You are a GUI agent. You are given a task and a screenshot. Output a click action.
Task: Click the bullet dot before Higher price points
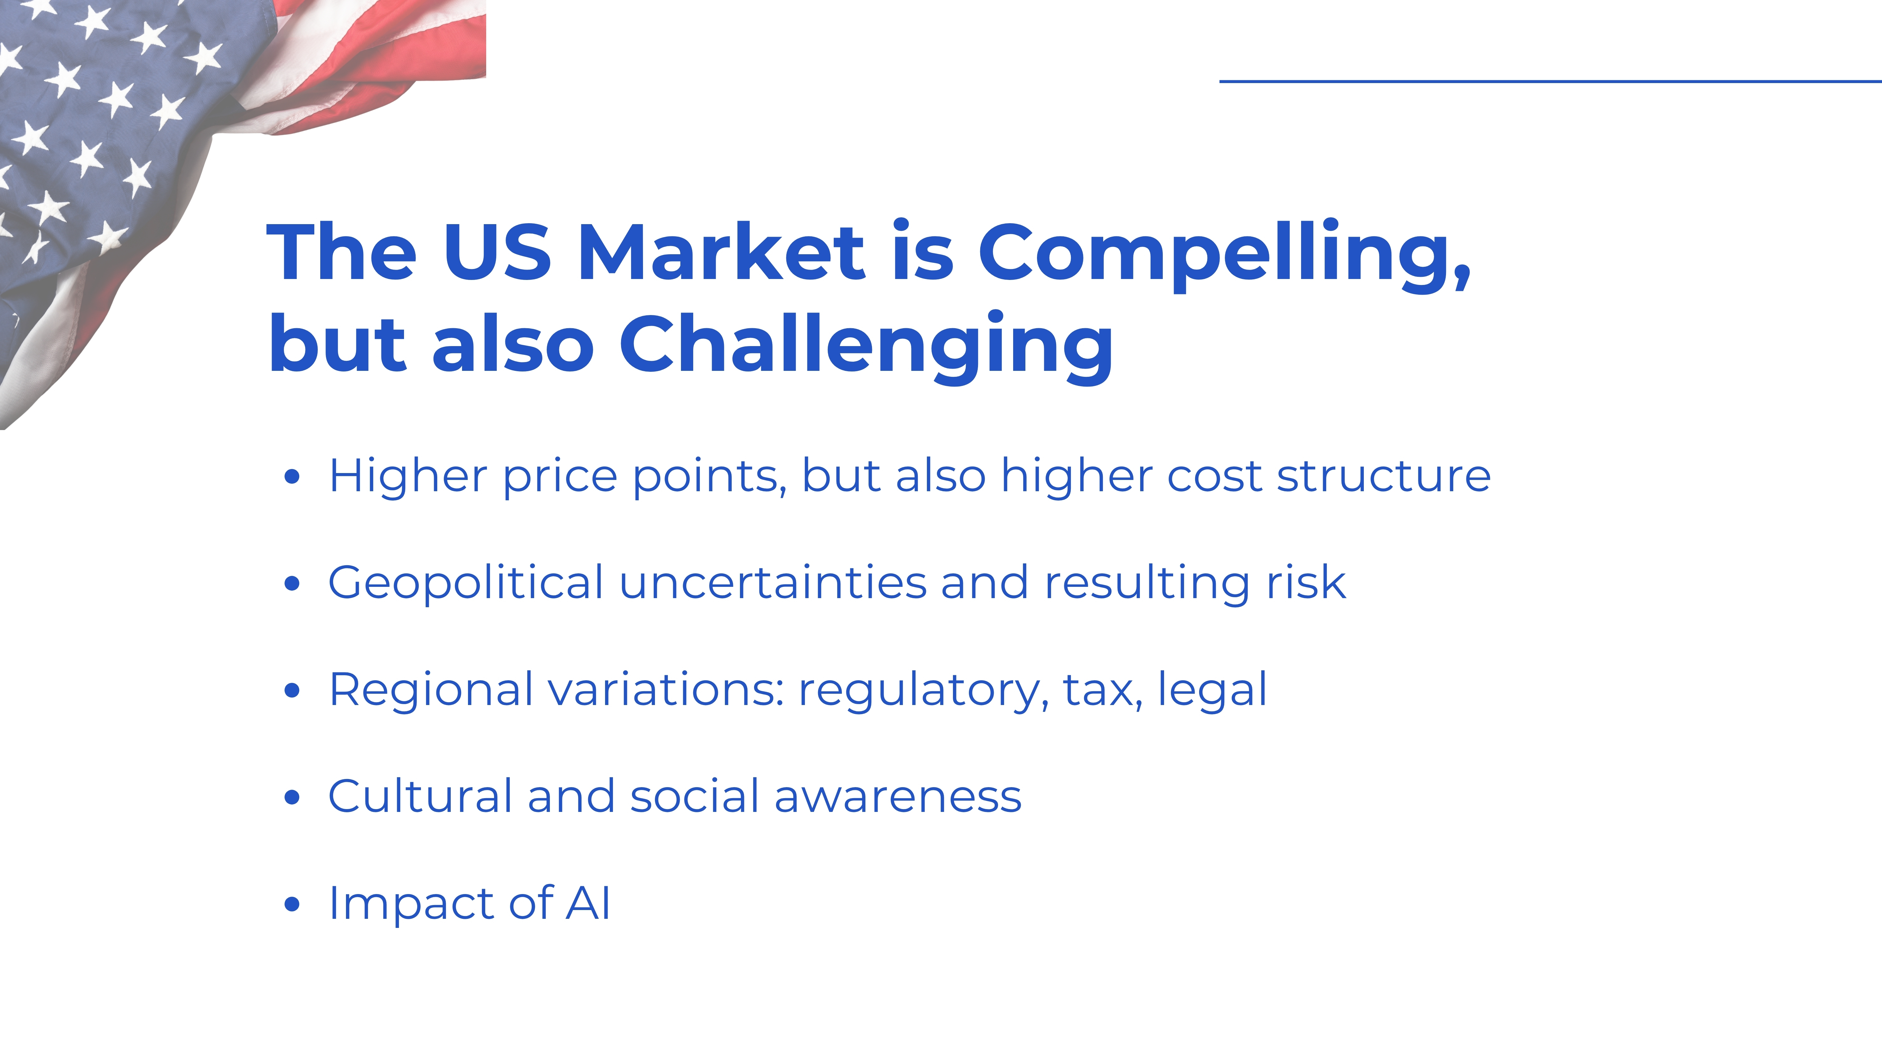[292, 477]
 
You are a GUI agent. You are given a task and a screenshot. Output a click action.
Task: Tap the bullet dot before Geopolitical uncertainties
[292, 583]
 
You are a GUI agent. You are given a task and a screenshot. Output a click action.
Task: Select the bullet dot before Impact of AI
[292, 904]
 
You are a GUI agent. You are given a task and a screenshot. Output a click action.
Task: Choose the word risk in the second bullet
[1306, 583]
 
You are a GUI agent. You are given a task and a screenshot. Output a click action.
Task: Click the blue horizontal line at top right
[1550, 81]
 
